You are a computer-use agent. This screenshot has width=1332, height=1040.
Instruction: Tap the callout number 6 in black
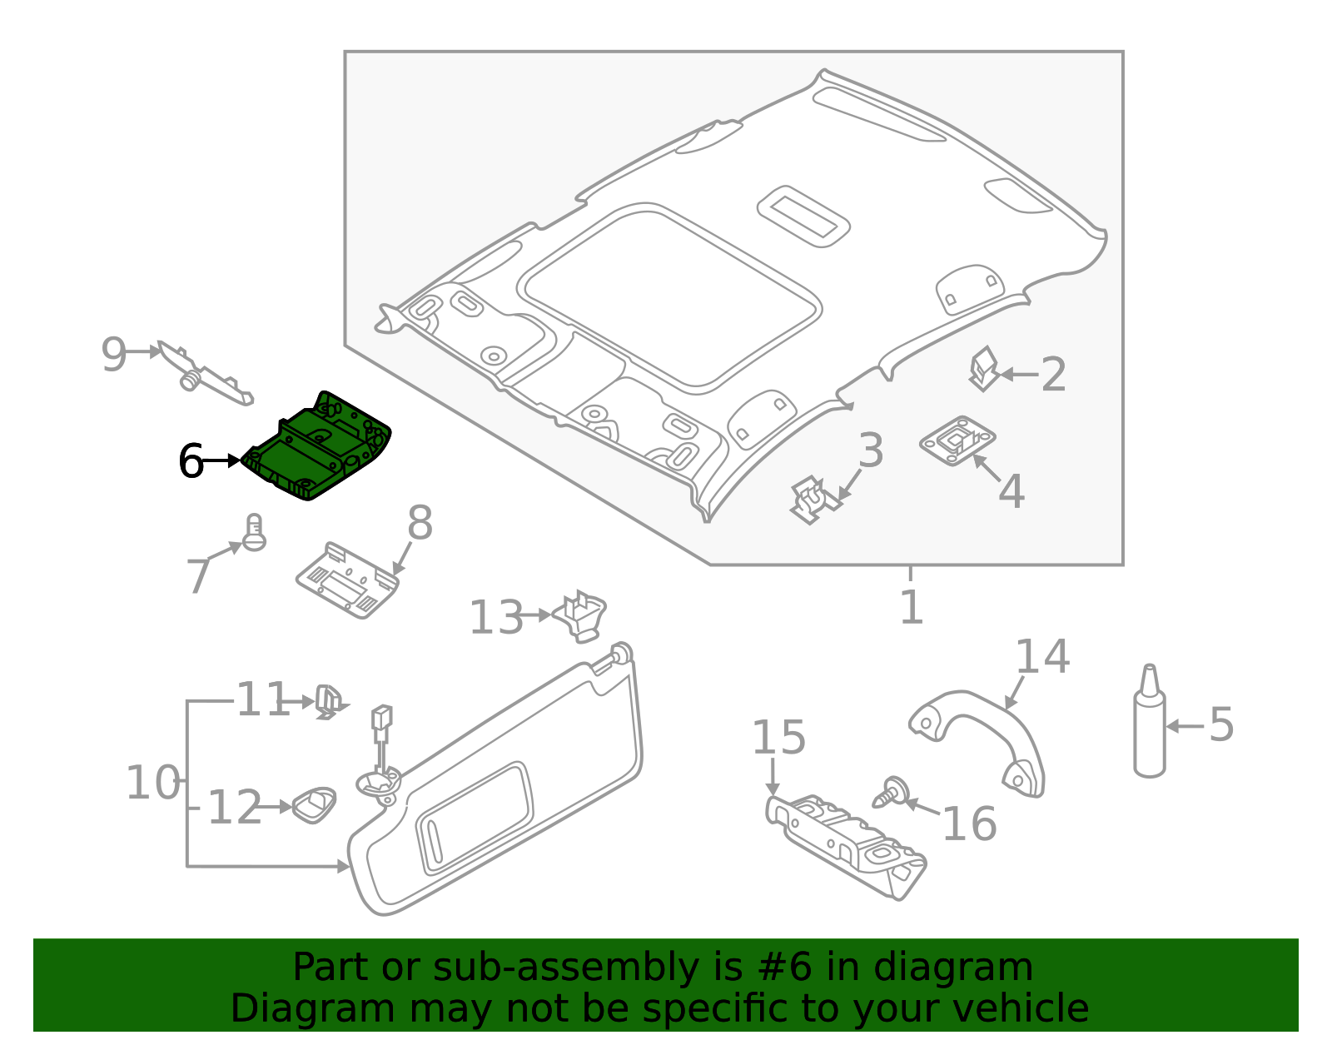pyautogui.click(x=191, y=461)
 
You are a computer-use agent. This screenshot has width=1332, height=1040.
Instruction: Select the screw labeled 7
pyautogui.click(x=254, y=533)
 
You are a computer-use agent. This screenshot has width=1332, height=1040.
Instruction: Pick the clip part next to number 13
pyautogui.click(x=582, y=615)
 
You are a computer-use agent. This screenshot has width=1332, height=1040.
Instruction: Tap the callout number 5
pyautogui.click(x=1220, y=724)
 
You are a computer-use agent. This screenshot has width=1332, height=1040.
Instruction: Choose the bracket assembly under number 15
pyautogui.click(x=845, y=841)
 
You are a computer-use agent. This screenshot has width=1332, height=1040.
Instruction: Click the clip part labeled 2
pyautogui.click(x=983, y=369)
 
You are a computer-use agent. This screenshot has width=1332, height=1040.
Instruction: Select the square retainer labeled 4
pyautogui.click(x=957, y=440)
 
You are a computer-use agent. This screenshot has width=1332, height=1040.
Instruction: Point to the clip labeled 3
pyautogui.click(x=813, y=500)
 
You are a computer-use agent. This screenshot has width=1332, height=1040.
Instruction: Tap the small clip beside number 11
pyautogui.click(x=329, y=702)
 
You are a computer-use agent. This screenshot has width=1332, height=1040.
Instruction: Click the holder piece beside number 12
pyautogui.click(x=315, y=804)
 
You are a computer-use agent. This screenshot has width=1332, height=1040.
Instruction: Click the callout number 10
pyautogui.click(x=152, y=784)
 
